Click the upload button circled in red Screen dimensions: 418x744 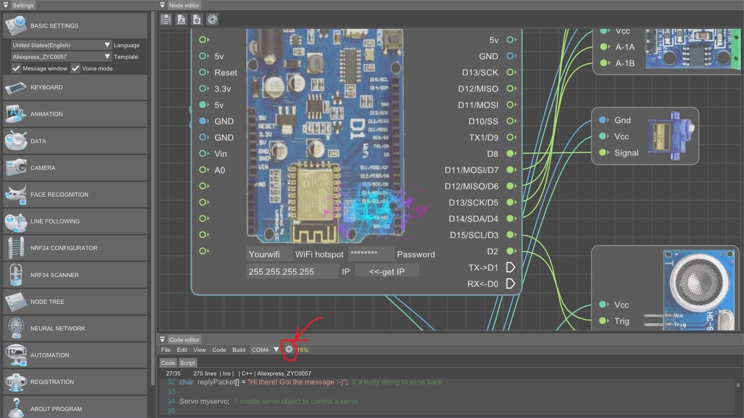(x=289, y=349)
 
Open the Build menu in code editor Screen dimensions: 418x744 (x=239, y=350)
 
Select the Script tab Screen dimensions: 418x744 (x=188, y=363)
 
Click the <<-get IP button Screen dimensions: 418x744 (x=387, y=271)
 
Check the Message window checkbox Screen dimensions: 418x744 (x=16, y=69)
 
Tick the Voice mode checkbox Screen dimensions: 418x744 (x=76, y=69)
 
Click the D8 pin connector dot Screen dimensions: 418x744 (x=511, y=154)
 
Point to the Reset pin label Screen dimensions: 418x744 (x=226, y=73)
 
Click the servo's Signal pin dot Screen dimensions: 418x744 (x=603, y=152)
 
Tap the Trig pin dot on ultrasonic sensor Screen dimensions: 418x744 (x=603, y=321)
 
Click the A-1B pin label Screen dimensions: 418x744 (x=625, y=63)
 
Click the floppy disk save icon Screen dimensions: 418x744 (x=166, y=19)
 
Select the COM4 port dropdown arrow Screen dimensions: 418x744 (x=276, y=349)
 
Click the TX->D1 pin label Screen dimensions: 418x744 (x=483, y=267)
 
